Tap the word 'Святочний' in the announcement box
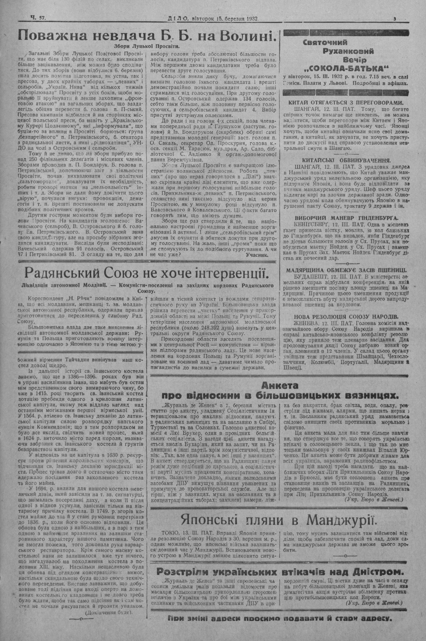[325, 42]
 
